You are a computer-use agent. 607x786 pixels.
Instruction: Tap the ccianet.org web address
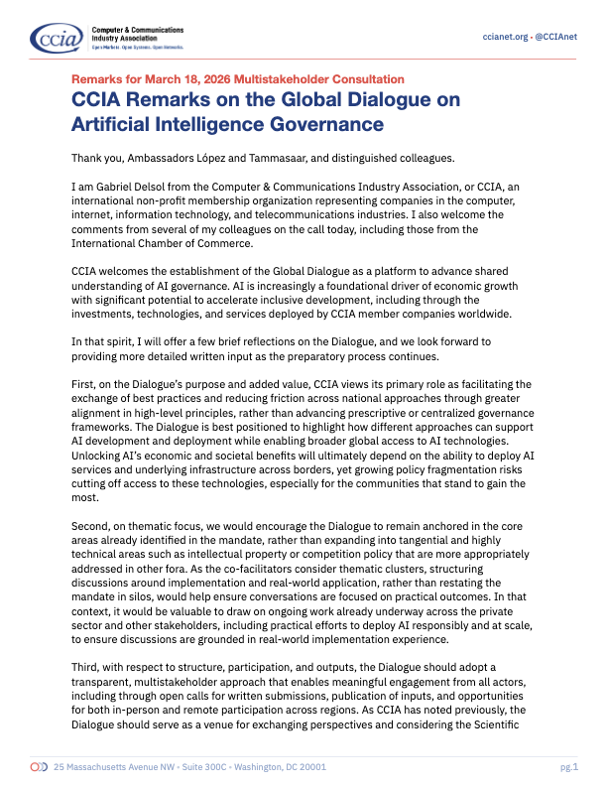[504, 36]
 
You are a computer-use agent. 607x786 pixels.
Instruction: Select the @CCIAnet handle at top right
[560, 36]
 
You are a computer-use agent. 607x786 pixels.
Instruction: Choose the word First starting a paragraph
[84, 381]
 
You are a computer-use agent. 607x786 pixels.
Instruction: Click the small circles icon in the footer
[39, 767]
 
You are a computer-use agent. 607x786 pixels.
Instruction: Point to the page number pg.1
[568, 767]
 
